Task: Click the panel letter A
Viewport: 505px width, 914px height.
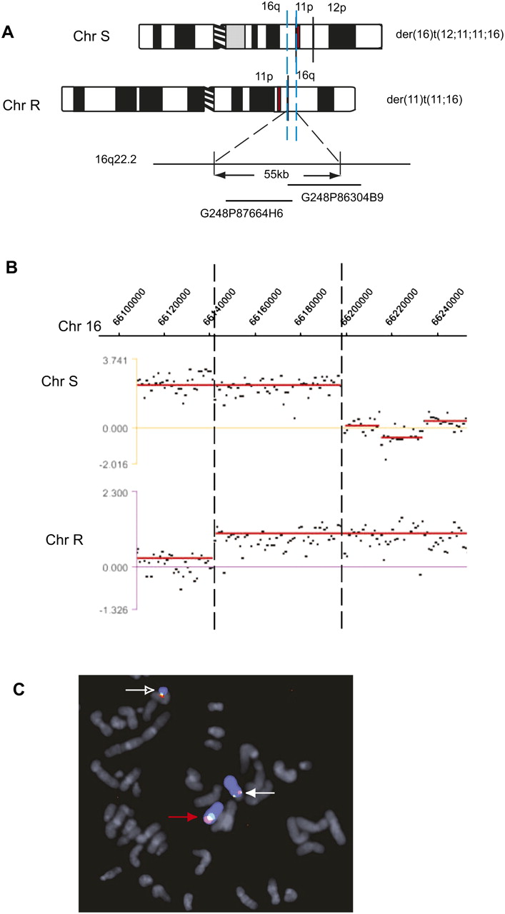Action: click(8, 32)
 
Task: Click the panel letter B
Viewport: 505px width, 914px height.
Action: click(11, 267)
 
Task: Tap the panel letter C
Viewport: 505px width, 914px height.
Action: click(19, 689)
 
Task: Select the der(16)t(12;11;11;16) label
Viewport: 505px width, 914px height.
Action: click(449, 34)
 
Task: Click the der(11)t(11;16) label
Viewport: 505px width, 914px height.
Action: click(424, 99)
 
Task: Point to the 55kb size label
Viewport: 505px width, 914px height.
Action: click(276, 174)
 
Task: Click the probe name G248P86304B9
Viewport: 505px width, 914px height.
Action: click(342, 198)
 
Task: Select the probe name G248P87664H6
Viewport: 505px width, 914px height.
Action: click(241, 214)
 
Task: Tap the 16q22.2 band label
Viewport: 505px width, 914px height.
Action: click(116, 159)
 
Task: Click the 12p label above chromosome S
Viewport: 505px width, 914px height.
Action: click(337, 8)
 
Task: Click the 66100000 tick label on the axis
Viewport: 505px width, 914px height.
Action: click(129, 307)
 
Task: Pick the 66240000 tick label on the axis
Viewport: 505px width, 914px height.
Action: click(448, 307)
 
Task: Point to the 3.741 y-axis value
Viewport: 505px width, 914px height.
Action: click(115, 361)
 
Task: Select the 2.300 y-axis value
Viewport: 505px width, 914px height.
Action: click(115, 493)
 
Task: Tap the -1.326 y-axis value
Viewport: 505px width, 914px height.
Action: click(113, 610)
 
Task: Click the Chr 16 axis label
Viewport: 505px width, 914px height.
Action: click(79, 326)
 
